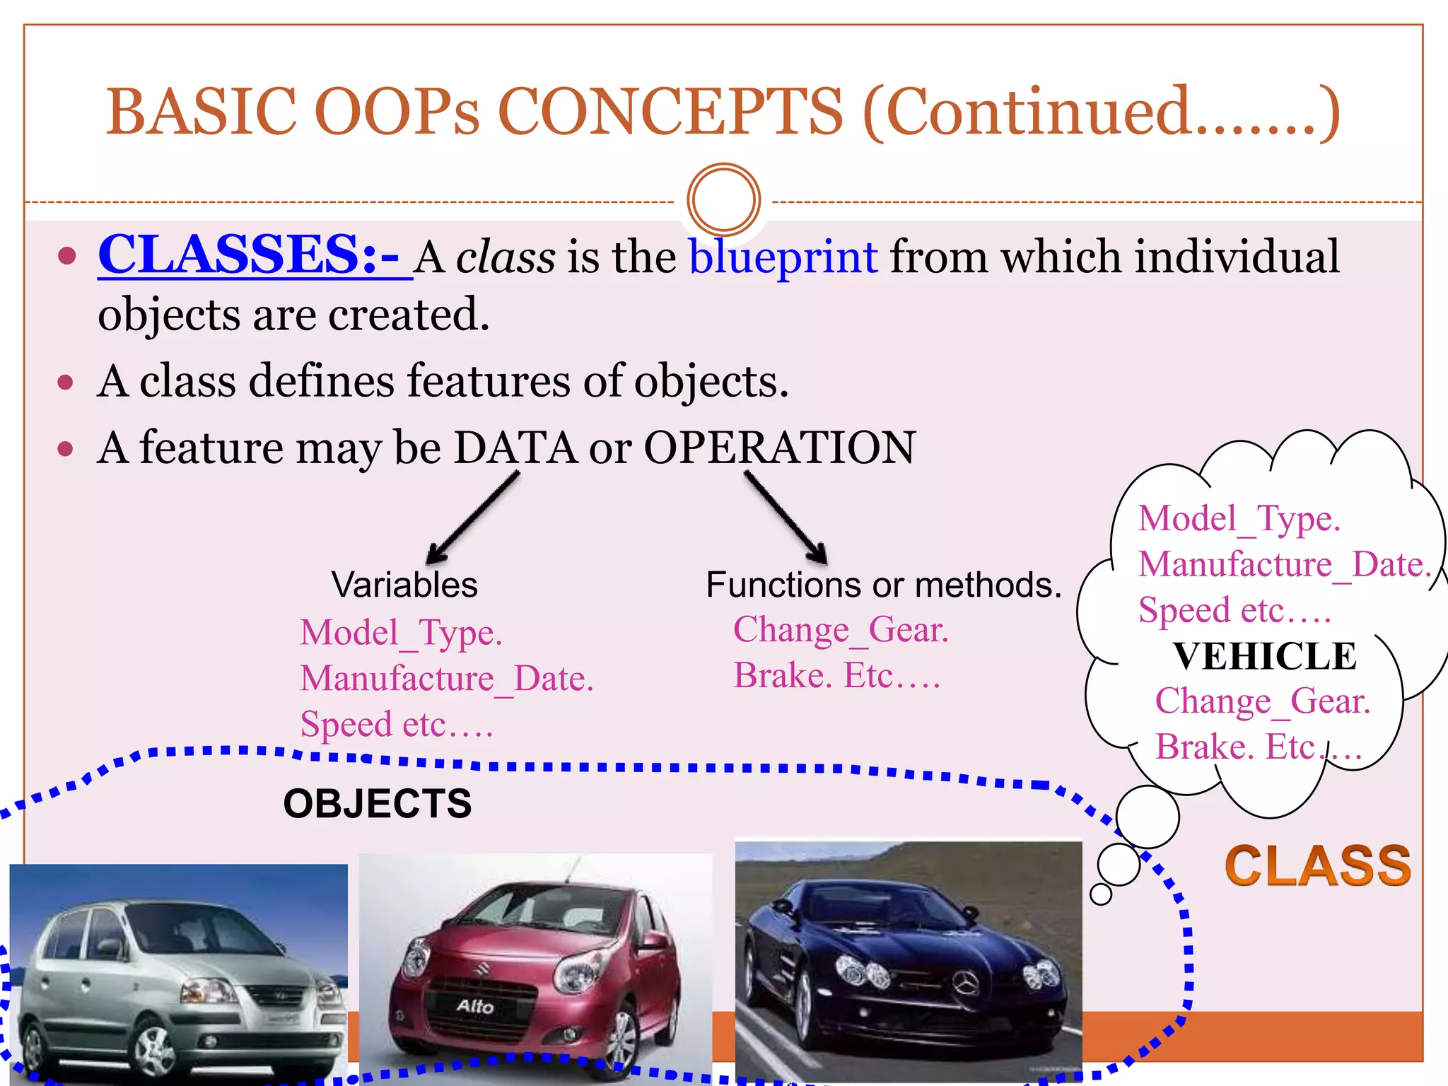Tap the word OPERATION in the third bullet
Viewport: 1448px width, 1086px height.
tap(779, 448)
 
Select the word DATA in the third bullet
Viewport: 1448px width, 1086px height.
tap(515, 448)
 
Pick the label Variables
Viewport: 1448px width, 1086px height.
tap(404, 585)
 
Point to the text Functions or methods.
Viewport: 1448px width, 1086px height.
tap(883, 585)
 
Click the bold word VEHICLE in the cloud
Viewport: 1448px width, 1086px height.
tap(1264, 656)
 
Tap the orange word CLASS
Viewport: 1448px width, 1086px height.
tap(1317, 866)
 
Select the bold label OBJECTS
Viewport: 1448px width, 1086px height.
tap(377, 804)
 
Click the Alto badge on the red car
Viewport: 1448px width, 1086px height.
tap(475, 1005)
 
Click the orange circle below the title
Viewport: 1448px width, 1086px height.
tap(723, 199)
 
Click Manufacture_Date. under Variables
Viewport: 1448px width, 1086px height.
tap(446, 679)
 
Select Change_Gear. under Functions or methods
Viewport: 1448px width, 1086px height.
tap(840, 629)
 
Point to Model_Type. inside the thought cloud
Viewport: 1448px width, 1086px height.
tap(1239, 518)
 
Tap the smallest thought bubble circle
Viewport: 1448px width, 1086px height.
tap(1101, 894)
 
